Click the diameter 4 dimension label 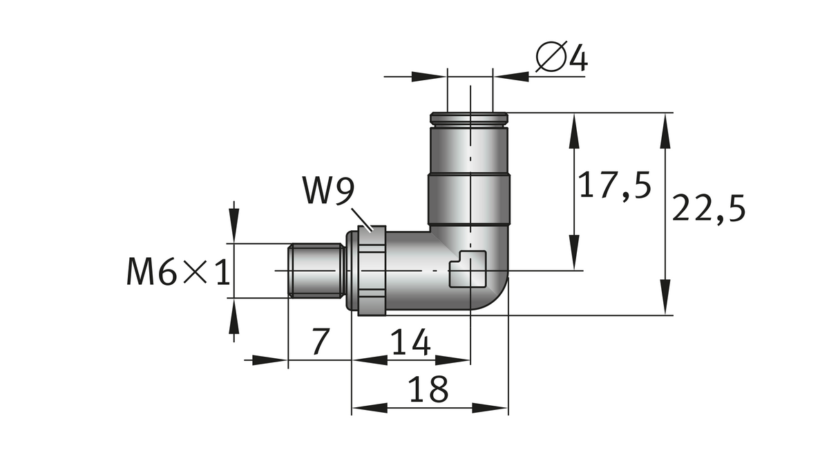pos(561,58)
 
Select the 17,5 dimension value pos(615,186)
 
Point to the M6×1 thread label pos(178,272)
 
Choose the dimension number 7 pos(318,342)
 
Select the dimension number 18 pos(428,390)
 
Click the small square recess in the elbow pos(468,270)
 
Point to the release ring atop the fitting pos(469,119)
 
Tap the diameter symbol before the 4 pos(551,58)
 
